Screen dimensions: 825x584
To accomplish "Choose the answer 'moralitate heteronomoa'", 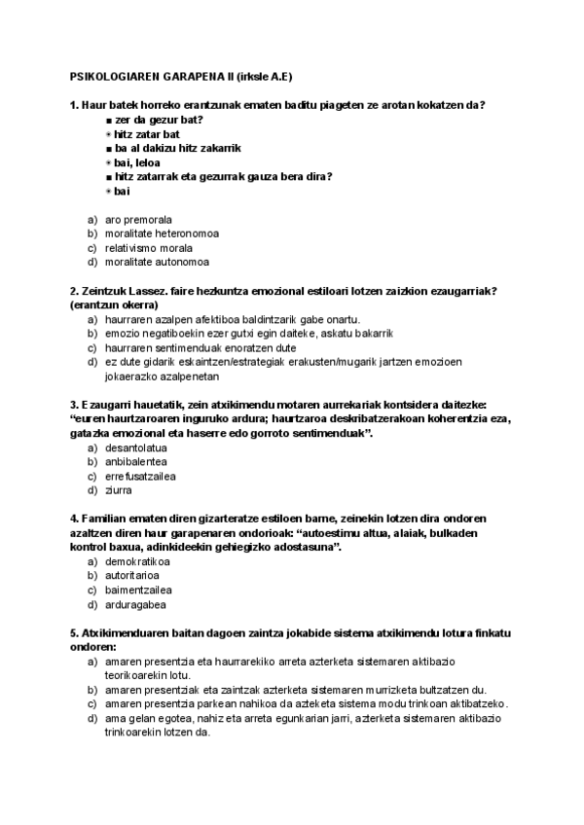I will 162,233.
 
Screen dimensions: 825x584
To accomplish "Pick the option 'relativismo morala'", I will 149,248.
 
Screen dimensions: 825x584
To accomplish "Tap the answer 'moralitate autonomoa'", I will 157,262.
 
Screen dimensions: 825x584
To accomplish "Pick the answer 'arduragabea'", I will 135,604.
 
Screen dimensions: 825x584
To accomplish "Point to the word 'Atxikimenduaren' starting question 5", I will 128,633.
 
